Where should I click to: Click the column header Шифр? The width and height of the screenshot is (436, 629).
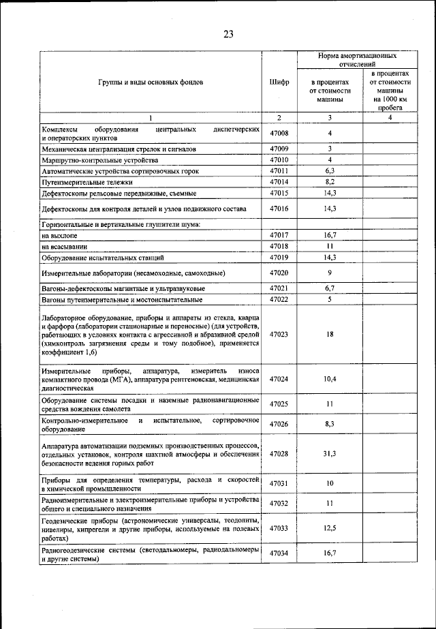coord(279,82)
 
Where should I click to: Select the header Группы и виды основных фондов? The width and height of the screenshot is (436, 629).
coord(150,82)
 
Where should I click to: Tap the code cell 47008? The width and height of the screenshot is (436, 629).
coord(279,133)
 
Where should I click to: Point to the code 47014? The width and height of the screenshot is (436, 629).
coord(279,183)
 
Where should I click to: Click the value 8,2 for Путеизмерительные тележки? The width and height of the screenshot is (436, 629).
coord(329,183)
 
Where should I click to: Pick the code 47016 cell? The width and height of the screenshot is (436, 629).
coord(279,208)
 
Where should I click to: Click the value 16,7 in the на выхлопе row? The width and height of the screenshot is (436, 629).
coord(329,234)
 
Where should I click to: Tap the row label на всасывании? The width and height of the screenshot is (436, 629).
coord(65,246)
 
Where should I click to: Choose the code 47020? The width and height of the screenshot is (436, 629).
coord(279,273)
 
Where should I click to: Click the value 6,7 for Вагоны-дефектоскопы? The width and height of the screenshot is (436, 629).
coord(329,289)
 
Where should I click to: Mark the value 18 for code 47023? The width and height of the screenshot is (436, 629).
coord(329,335)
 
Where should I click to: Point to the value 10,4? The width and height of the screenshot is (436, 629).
coord(329,378)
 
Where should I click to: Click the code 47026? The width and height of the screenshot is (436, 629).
coord(279,424)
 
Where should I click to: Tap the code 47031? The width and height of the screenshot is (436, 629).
coord(279,483)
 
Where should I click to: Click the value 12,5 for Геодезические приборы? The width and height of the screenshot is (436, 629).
coord(329,527)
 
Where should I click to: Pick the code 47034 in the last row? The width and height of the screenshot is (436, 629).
coord(279,553)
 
